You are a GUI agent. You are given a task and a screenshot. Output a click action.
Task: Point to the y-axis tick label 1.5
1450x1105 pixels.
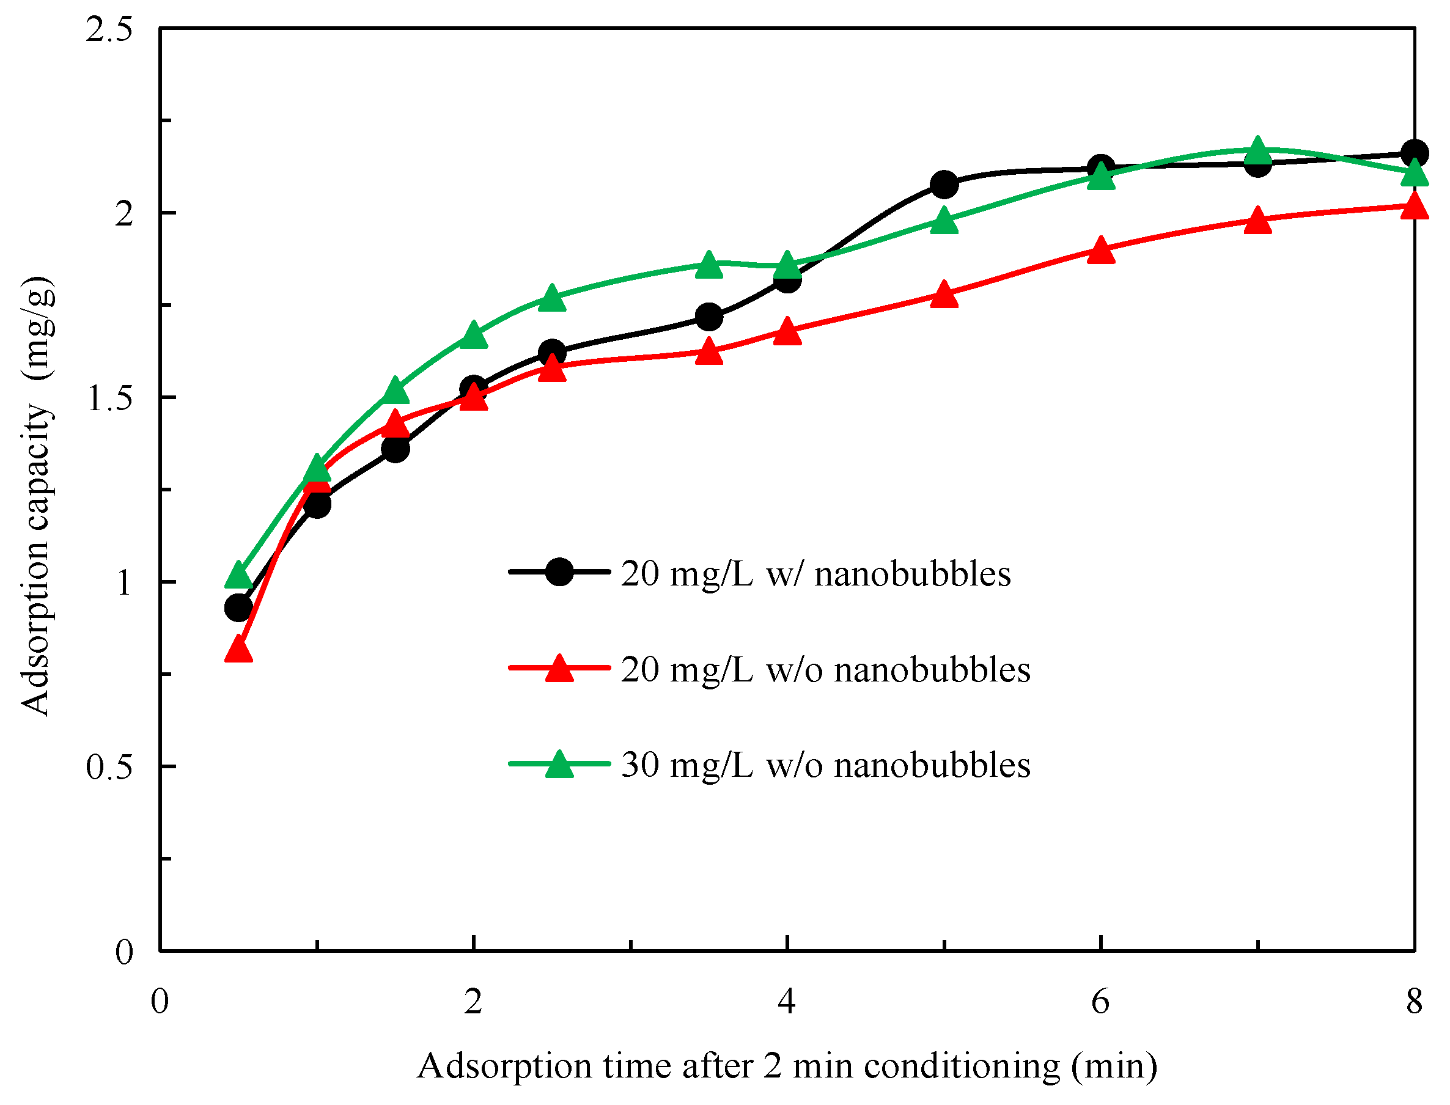(109, 398)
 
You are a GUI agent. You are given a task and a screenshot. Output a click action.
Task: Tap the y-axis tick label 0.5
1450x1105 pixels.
(109, 768)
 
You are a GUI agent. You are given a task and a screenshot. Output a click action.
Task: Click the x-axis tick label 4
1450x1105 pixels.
(787, 1002)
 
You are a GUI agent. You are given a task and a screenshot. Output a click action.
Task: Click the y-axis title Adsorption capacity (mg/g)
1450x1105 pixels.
(37, 497)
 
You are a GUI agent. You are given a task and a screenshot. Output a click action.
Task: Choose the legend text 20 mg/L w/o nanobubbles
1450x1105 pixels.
(826, 670)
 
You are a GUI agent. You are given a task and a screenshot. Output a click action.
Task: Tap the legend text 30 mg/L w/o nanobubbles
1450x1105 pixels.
(826, 766)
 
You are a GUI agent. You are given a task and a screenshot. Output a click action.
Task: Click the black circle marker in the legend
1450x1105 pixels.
(560, 572)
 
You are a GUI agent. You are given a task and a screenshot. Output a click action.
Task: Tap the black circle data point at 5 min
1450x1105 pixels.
(944, 185)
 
